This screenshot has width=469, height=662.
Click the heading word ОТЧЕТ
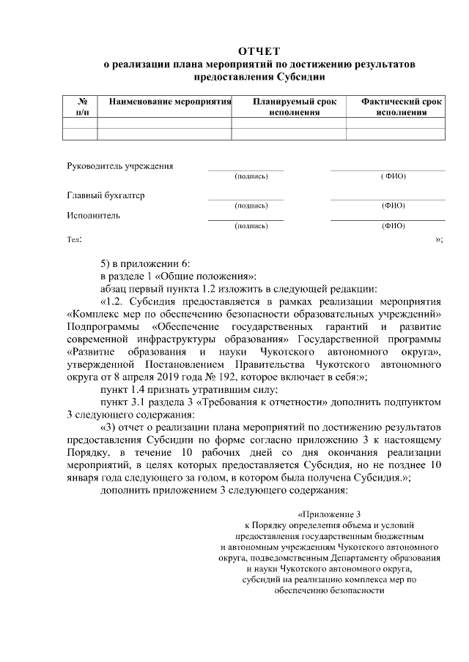259,51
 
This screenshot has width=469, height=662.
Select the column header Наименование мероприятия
170,102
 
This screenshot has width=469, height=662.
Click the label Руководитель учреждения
120,165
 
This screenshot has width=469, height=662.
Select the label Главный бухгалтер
106,195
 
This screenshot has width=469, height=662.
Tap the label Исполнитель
94,215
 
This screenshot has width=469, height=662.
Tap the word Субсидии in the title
296,76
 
